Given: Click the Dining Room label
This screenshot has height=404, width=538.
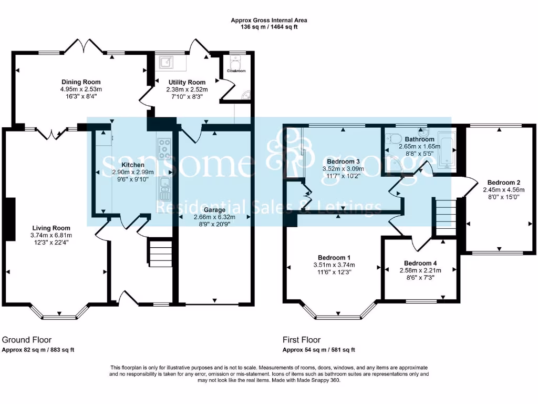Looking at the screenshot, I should click(81, 82).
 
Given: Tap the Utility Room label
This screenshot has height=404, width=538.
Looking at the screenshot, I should click(187, 83).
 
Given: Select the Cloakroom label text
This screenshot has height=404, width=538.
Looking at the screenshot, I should click(236, 70).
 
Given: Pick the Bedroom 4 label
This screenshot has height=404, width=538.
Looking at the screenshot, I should click(420, 263).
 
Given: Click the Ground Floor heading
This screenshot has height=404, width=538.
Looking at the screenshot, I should click(27, 340).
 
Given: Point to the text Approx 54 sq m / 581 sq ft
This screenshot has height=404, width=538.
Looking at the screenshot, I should click(319, 350).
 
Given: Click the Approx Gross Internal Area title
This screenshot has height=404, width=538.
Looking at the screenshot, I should click(269, 21).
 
